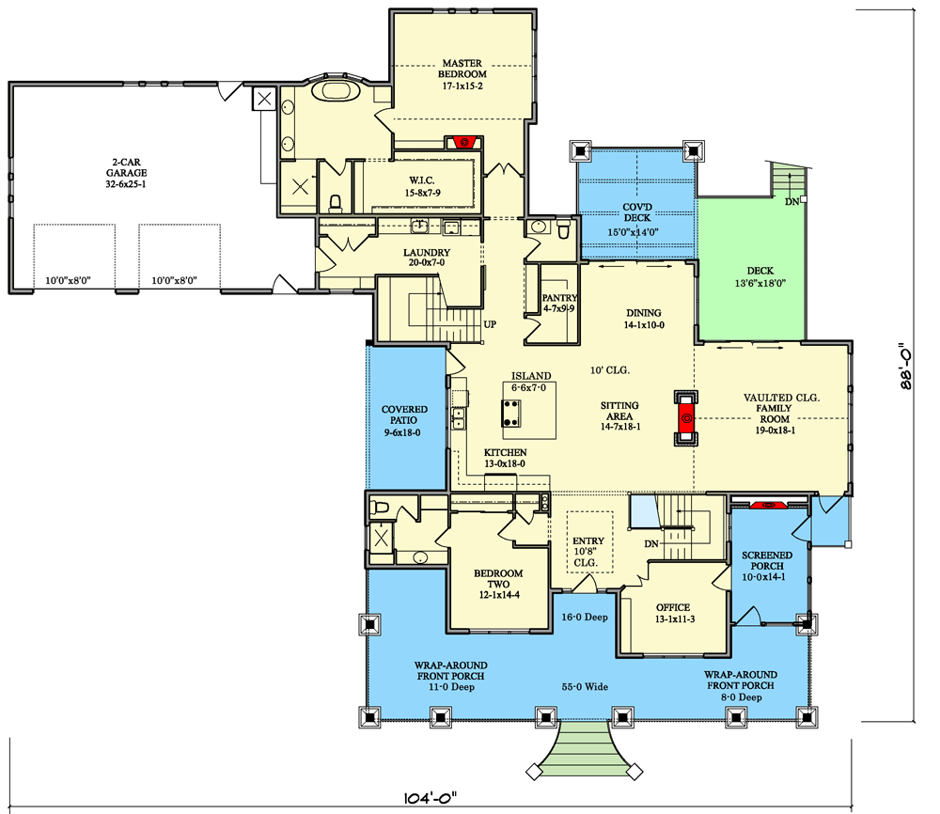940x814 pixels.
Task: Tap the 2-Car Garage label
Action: (x=126, y=179)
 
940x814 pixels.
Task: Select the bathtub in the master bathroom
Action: (x=332, y=91)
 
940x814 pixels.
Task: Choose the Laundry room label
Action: (x=427, y=258)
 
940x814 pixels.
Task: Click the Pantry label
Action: (x=558, y=303)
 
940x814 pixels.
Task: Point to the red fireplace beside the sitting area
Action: (x=686, y=416)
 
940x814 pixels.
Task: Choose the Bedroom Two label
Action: (x=498, y=584)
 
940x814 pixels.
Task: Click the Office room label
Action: (x=673, y=613)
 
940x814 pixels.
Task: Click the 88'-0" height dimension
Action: (x=905, y=371)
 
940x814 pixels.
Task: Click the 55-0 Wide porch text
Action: (x=586, y=687)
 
